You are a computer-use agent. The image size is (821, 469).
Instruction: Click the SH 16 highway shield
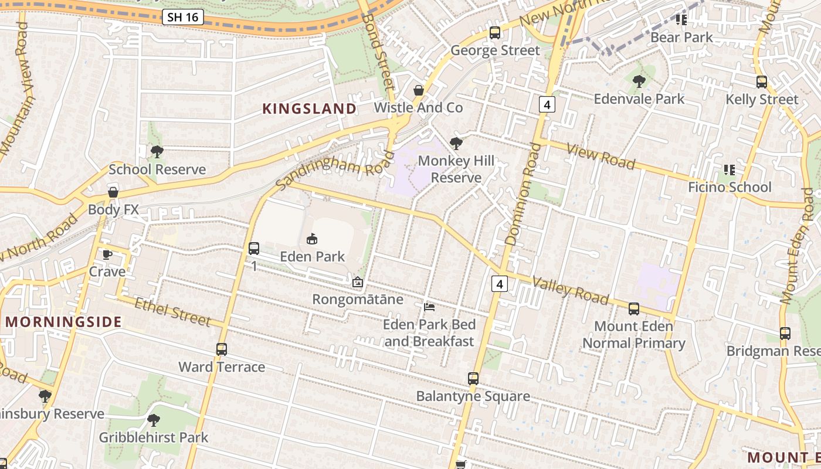(182, 17)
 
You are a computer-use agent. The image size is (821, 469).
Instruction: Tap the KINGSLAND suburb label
(309, 109)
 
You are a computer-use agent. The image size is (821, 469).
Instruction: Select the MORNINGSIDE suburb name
(63, 322)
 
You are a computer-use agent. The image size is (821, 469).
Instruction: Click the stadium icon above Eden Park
(312, 239)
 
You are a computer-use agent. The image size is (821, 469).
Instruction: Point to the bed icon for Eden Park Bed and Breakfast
(429, 307)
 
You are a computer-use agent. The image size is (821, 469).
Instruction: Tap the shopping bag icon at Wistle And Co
(419, 90)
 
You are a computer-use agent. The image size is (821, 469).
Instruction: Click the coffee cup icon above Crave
(107, 254)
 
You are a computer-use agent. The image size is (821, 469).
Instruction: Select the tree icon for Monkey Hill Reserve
(456, 143)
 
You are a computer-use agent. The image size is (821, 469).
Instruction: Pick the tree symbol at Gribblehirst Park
(153, 420)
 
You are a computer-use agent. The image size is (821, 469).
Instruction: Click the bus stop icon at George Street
(495, 33)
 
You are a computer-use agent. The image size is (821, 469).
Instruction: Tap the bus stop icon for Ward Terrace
(222, 349)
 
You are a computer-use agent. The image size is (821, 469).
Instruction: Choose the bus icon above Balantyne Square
(473, 379)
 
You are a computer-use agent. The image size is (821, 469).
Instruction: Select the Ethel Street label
(172, 311)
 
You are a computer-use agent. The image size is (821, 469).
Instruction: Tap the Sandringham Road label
(335, 169)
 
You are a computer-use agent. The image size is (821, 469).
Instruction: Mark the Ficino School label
(730, 188)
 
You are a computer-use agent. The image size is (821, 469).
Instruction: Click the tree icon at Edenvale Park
(639, 81)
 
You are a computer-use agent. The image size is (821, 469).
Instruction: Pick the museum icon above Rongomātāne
(357, 283)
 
